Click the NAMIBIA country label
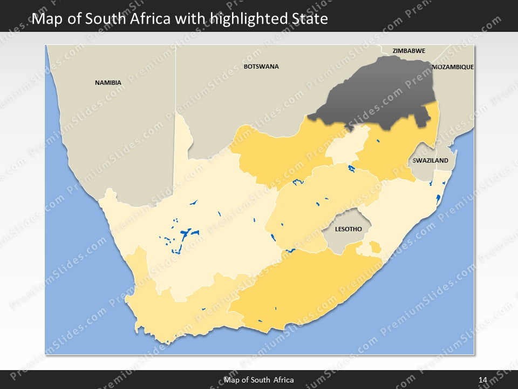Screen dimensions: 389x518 click(108, 83)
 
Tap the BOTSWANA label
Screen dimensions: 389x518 click(261, 66)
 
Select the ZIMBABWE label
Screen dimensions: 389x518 click(408, 51)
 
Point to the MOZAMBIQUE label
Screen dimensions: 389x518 click(453, 67)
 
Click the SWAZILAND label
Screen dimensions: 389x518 click(430, 160)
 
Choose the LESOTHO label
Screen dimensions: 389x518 click(348, 229)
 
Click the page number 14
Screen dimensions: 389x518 click(483, 380)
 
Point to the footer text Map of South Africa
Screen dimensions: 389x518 click(259, 380)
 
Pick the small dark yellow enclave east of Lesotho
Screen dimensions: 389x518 click(374, 248)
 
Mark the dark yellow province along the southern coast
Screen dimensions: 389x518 click(302, 286)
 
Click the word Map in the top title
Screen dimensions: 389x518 click(45, 19)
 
